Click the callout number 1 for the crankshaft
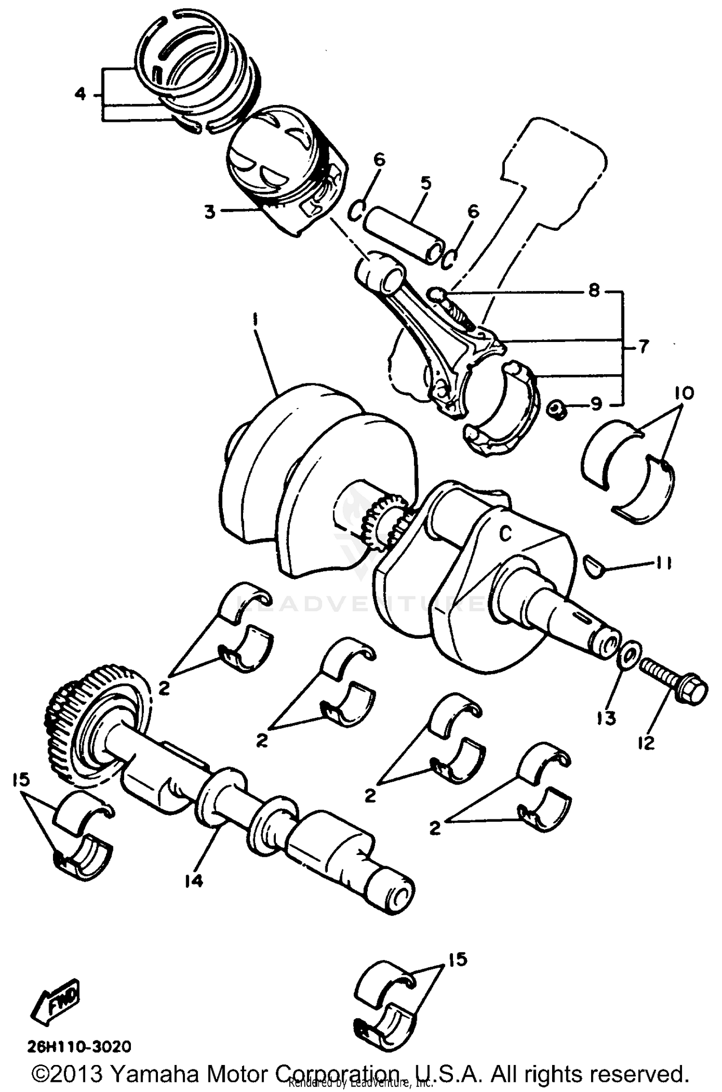point(256,319)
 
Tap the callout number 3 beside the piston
point(210,211)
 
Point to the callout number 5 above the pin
point(425,184)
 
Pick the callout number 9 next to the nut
point(596,404)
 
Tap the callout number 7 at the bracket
point(644,347)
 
